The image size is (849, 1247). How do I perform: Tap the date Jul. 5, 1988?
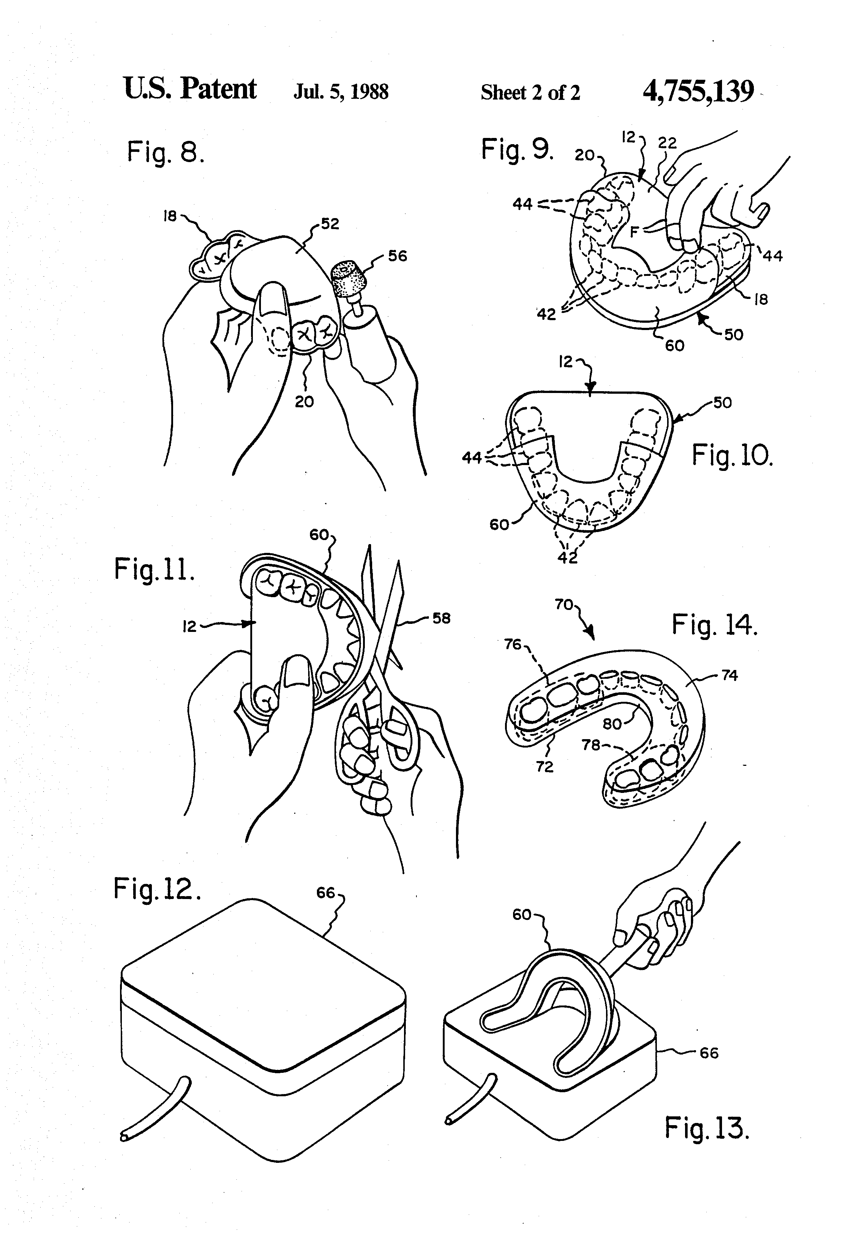pos(341,92)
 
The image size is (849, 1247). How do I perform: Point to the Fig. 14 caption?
pos(714,625)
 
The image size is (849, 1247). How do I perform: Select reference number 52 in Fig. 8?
pos(330,224)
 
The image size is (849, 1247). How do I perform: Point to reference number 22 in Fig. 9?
pos(667,143)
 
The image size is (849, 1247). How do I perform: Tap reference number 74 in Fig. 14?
pos(729,675)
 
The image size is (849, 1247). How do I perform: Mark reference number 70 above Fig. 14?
pos(564,605)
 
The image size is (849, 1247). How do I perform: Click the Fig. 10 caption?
pos(732,456)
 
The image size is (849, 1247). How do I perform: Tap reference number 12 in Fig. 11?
pos(190,626)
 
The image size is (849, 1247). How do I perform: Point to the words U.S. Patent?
pos(190,89)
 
